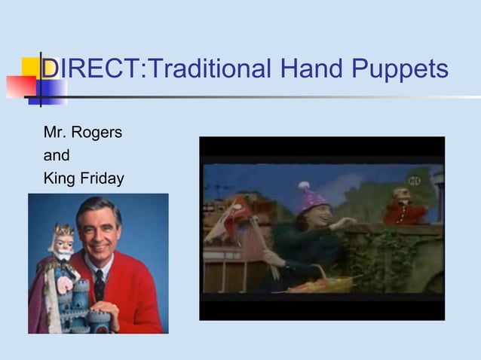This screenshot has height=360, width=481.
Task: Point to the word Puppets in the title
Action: click(x=403, y=70)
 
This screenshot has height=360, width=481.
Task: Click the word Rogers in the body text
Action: click(x=97, y=133)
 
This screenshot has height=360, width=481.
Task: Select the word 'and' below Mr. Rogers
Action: click(x=57, y=156)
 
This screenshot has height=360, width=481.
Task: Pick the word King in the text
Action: click(x=60, y=178)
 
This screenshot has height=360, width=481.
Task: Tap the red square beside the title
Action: click(x=20, y=87)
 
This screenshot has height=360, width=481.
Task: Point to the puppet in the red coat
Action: click(x=404, y=207)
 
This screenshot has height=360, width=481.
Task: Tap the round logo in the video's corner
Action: click(x=413, y=181)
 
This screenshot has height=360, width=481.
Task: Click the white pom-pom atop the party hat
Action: click(x=303, y=185)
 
